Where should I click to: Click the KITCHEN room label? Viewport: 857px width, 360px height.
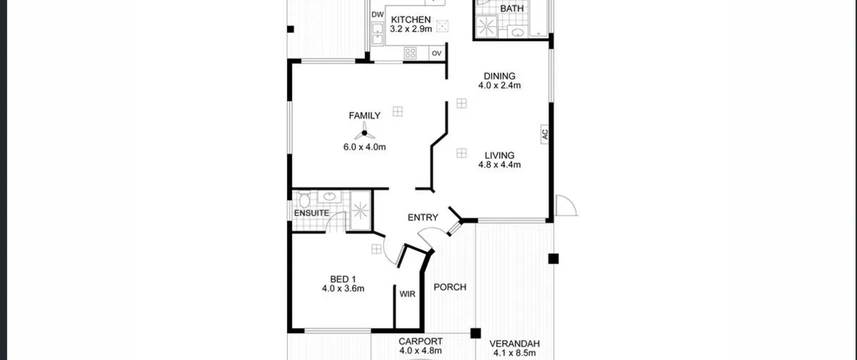pos(411,19)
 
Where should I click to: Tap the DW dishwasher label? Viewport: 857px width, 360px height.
pos(377,15)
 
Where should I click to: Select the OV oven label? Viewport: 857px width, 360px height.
pos(437,53)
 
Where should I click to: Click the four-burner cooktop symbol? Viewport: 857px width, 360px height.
pos(410,53)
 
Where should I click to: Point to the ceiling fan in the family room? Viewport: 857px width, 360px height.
pos(364,133)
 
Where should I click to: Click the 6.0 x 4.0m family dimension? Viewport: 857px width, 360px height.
pos(365,147)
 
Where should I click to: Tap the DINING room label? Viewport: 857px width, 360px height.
pos(499,76)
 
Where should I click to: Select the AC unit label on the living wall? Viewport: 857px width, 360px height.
pos(545,134)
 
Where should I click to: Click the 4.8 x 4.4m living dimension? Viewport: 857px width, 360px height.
pos(499,164)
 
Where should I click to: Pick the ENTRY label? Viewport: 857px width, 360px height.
pos(423,217)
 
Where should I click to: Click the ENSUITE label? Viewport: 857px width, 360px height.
pos(311,213)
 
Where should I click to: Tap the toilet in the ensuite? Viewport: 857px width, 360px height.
pos(304,199)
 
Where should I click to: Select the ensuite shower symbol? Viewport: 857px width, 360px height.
pos(360,210)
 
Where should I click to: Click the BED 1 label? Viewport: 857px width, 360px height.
pos(343,279)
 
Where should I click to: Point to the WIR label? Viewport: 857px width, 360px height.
pos(407,294)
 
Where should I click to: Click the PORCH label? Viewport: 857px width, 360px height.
pos(450,287)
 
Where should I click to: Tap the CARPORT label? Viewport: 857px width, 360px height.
pos(420,341)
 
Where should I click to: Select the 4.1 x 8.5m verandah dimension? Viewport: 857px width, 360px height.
pos(515,353)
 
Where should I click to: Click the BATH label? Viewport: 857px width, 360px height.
pos(512,8)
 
